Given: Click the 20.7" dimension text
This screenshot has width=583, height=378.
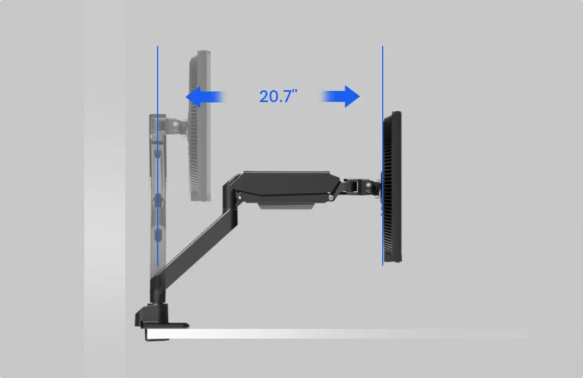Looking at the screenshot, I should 278,97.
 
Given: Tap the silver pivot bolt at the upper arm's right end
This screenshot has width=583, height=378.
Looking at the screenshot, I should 330,198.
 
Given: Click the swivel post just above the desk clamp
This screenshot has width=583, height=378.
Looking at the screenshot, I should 155,292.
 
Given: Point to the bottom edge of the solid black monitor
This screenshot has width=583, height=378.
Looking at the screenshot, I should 393,261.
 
